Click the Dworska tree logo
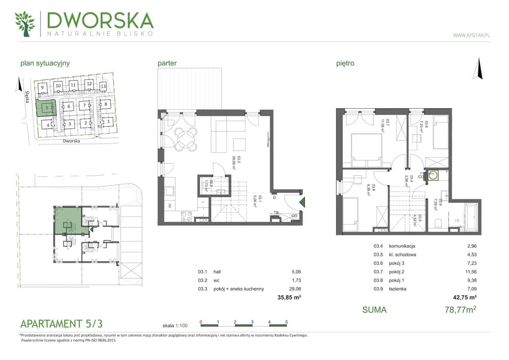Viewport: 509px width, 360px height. (x=25, y=24)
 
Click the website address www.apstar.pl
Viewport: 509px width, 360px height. (x=472, y=35)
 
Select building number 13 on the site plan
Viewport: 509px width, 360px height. (x=103, y=86)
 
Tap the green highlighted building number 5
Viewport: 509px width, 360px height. (x=47, y=107)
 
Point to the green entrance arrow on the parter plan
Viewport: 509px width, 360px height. (x=302, y=202)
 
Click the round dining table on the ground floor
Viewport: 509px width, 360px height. (x=187, y=139)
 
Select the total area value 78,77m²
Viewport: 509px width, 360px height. (x=460, y=309)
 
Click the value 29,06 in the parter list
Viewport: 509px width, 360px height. (x=297, y=289)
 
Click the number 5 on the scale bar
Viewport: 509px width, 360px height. (x=286, y=321)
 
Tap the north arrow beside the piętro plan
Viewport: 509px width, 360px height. (x=480, y=68)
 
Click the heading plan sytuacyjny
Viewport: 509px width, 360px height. (x=45, y=63)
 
